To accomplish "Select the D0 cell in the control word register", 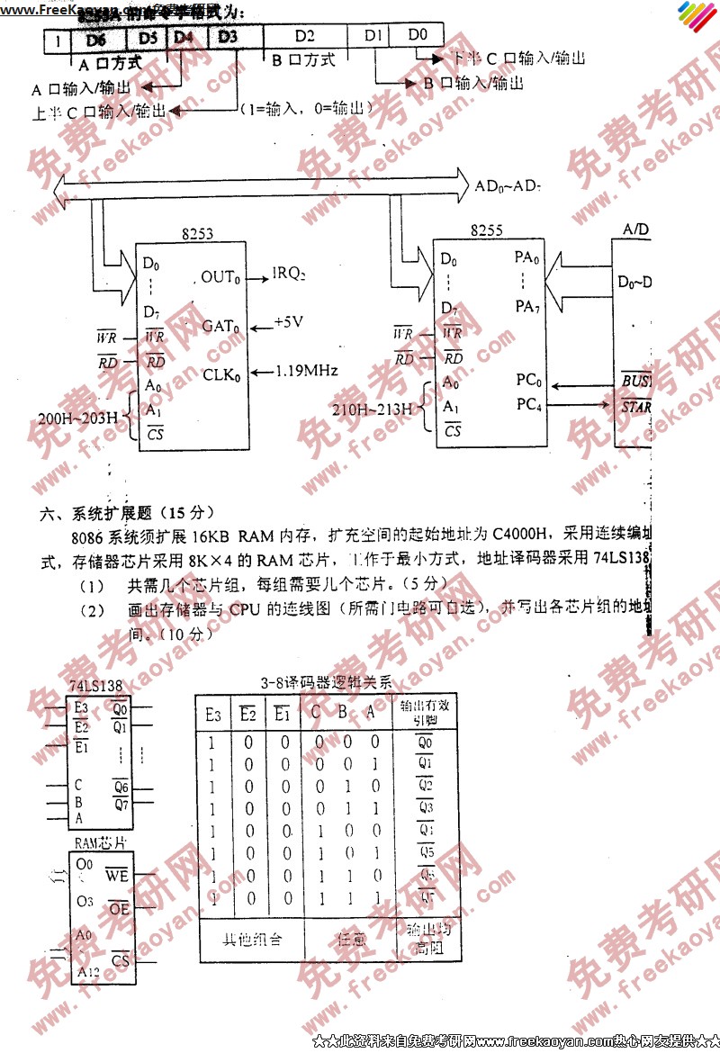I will click(418, 35).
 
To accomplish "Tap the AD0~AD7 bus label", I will click(508, 187).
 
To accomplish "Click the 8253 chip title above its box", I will click(197, 234).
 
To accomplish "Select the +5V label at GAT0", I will click(290, 322).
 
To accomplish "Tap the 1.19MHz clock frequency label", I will click(307, 370).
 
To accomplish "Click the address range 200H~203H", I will click(78, 418).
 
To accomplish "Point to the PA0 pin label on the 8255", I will click(527, 258).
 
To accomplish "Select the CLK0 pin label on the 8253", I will click(222, 373).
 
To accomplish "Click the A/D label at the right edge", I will click(635, 229).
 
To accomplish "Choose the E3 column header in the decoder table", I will click(213, 715).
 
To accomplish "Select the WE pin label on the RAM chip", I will click(117, 875).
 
